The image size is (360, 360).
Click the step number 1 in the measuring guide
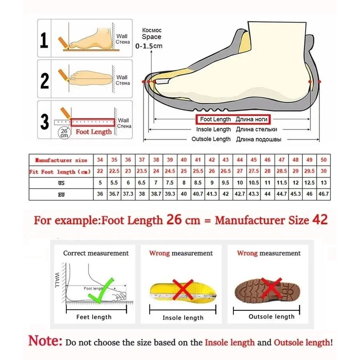(44, 40)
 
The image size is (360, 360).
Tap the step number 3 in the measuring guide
(44, 122)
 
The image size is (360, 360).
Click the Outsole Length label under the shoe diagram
(211, 139)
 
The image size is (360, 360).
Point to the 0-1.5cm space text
(149, 46)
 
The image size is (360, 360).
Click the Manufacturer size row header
(61, 160)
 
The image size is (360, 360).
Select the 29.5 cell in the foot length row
(310, 171)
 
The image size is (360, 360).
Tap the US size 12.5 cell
(310, 183)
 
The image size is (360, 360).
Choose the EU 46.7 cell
(324, 194)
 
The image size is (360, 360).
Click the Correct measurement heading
(96, 253)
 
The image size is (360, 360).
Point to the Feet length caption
(94, 317)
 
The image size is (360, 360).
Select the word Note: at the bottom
(46, 340)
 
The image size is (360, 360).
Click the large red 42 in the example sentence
(320, 220)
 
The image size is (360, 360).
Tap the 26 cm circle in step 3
(64, 133)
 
